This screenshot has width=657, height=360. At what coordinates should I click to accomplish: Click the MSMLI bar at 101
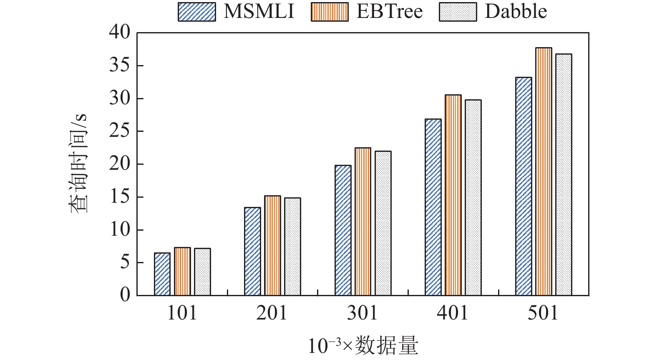[x=162, y=274]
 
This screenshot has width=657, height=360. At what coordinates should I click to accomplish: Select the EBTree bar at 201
[x=273, y=246]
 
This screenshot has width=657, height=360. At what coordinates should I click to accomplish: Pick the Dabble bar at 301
[x=383, y=223]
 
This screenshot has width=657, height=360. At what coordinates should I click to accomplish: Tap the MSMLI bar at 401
[x=433, y=207]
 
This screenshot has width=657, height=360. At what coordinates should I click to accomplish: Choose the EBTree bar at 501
[x=544, y=171]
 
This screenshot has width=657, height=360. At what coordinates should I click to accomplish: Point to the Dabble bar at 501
[x=564, y=175]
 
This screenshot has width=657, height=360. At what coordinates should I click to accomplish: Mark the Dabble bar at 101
[x=202, y=272]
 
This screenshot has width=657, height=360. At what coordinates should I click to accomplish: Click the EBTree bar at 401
[x=453, y=195]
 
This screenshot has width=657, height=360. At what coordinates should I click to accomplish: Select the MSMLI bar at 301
[x=343, y=230]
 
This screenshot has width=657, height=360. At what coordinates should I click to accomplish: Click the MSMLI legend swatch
[x=197, y=12]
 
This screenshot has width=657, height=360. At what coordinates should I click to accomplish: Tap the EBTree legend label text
[x=390, y=12]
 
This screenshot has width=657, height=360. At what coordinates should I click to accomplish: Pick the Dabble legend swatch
[x=458, y=12]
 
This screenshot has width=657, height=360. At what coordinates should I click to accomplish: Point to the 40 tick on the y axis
[x=120, y=33]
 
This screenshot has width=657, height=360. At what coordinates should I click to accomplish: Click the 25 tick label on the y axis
[x=120, y=131]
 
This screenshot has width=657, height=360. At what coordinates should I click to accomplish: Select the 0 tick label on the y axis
[x=125, y=295]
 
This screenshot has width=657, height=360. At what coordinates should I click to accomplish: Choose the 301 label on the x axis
[x=362, y=313]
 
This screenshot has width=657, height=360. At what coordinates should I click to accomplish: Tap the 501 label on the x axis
[x=543, y=313]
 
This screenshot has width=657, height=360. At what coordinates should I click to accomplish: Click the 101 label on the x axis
[x=182, y=313]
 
